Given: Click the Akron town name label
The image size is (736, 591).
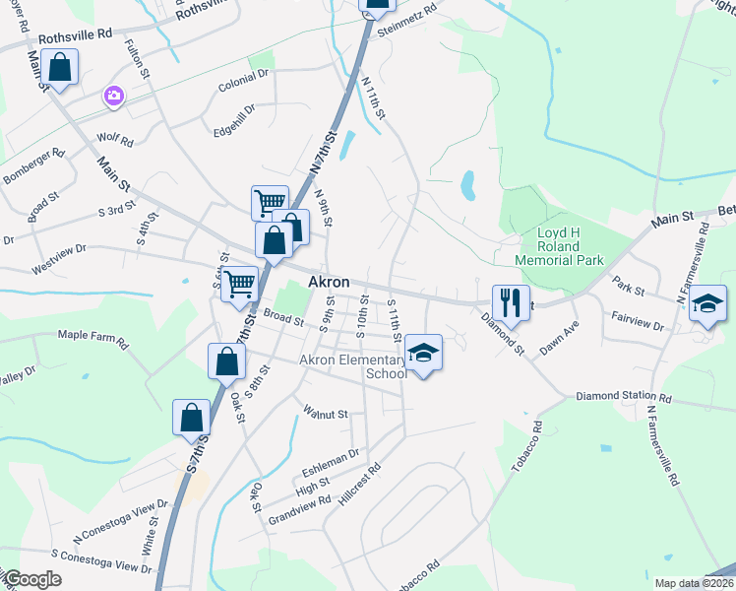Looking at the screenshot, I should (329, 282).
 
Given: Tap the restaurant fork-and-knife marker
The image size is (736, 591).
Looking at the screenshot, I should (511, 301).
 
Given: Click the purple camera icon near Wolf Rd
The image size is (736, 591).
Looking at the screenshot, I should (114, 96).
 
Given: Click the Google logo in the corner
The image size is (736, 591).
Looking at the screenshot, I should (31, 578).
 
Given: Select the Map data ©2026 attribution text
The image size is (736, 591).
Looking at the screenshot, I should (694, 583).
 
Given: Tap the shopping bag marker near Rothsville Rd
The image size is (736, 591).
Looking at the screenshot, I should (60, 70).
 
